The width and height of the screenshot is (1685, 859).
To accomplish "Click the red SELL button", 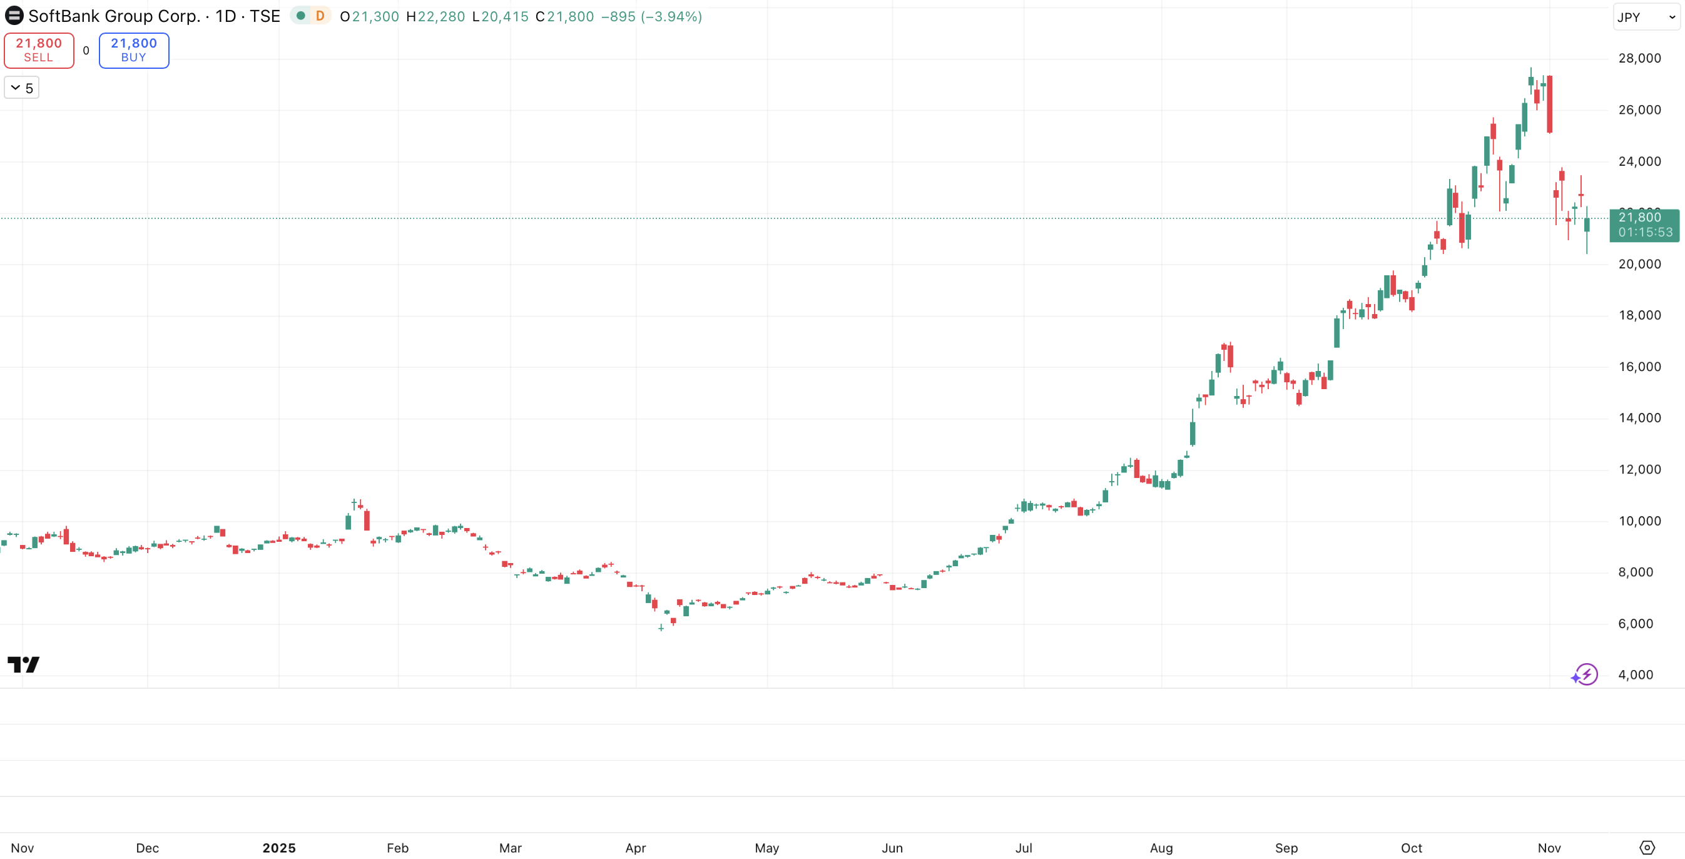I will pyautogui.click(x=39, y=51).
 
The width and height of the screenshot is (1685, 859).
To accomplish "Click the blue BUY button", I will pyautogui.click(x=133, y=51).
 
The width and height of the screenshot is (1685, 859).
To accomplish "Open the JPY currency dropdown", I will pyautogui.click(x=1645, y=17).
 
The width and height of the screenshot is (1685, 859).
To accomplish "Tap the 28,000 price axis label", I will pyautogui.click(x=1639, y=58).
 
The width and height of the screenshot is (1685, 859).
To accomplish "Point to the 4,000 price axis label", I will pyautogui.click(x=1636, y=674).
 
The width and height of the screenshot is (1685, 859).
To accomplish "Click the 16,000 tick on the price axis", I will pyautogui.click(x=1639, y=367).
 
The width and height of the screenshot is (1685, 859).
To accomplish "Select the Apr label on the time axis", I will pyautogui.click(x=635, y=848).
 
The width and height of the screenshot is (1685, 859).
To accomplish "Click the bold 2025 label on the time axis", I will pyautogui.click(x=278, y=848).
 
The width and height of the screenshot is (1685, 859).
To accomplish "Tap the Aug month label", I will pyautogui.click(x=1161, y=848).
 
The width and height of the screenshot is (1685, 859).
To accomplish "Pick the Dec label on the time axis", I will pyautogui.click(x=147, y=848).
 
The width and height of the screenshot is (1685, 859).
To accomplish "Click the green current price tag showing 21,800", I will pyautogui.click(x=1644, y=225).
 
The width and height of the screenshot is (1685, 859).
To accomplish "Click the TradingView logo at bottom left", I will pyautogui.click(x=24, y=664).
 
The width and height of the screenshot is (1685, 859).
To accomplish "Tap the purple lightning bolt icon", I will pyautogui.click(x=1585, y=674).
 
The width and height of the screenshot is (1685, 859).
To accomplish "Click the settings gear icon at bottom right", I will pyautogui.click(x=1647, y=848).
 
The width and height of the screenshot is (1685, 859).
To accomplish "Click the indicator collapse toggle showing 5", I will pyautogui.click(x=21, y=88).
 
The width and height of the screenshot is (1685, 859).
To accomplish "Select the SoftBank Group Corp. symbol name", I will pyautogui.click(x=114, y=16).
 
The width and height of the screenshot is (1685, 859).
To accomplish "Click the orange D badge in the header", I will pyautogui.click(x=320, y=16).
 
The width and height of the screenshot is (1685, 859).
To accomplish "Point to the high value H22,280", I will pyautogui.click(x=435, y=16).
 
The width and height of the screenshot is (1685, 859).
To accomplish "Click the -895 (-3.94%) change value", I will pyautogui.click(x=651, y=16).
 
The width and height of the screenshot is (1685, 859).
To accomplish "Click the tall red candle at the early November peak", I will pyautogui.click(x=1550, y=104).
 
